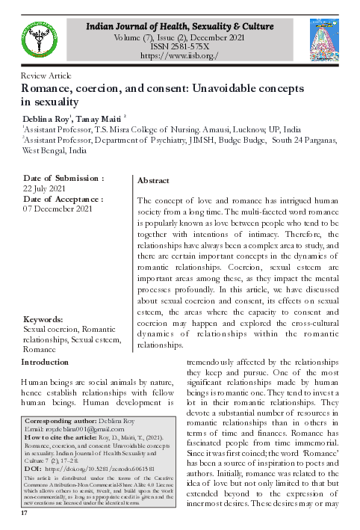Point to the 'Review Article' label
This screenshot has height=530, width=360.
[x=36, y=76]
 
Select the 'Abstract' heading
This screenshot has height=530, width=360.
[x=153, y=181]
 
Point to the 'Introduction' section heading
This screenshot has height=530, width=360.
[x=45, y=362]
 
